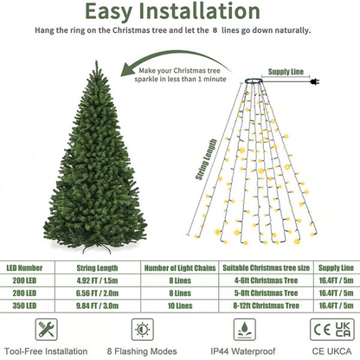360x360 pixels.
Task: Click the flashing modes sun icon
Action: click(138, 330)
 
